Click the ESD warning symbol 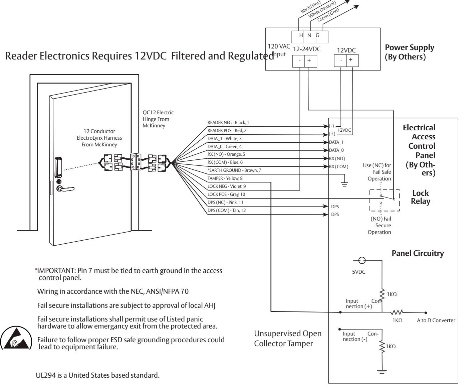(x=16, y=339)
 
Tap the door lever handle (x=65, y=189)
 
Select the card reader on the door (x=58, y=167)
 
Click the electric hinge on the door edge (x=136, y=161)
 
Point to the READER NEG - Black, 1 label (x=228, y=123)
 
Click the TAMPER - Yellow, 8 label (x=225, y=178)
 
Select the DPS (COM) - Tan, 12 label (x=226, y=211)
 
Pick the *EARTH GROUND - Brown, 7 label (x=234, y=170)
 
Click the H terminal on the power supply (x=301, y=35)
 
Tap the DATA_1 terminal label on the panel (x=336, y=142)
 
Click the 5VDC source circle (x=362, y=260)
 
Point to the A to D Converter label (x=436, y=320)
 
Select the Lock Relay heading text (x=421, y=197)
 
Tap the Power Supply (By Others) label (x=409, y=52)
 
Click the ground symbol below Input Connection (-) (x=382, y=372)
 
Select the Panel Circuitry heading (x=418, y=253)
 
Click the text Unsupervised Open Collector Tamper (x=287, y=339)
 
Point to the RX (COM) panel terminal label (x=338, y=167)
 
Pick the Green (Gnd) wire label (x=328, y=15)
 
